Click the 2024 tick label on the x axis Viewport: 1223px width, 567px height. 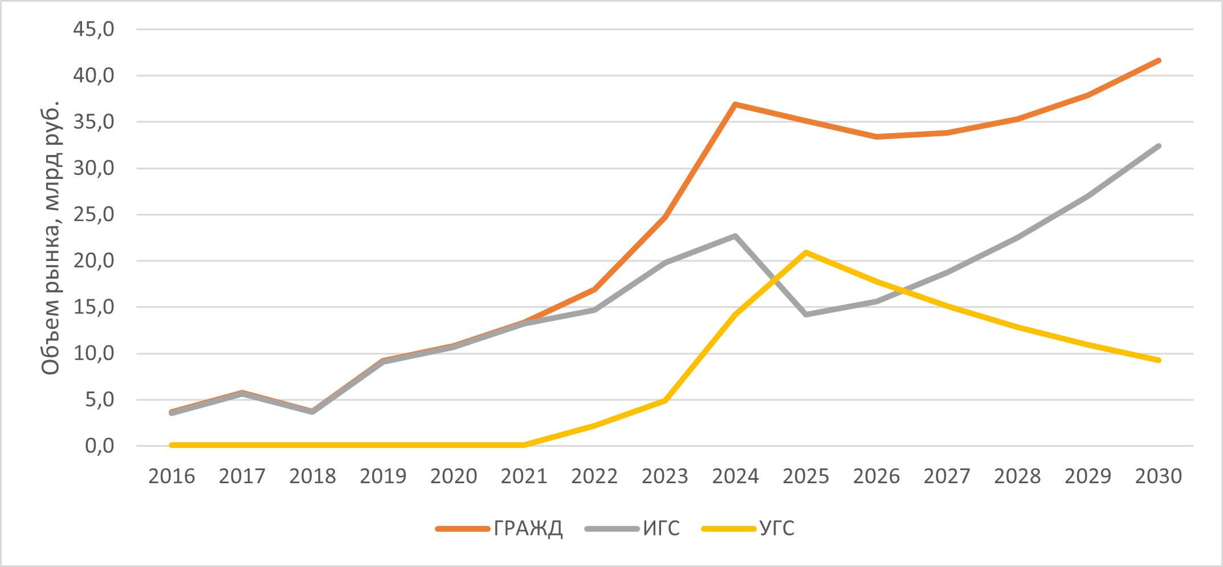tap(735, 476)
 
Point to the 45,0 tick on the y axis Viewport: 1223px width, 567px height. tap(93, 29)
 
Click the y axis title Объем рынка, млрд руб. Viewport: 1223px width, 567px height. tap(51, 238)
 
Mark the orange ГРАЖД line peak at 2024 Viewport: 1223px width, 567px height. tap(735, 104)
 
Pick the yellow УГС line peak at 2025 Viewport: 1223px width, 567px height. tap(806, 252)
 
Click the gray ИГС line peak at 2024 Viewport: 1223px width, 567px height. tap(735, 236)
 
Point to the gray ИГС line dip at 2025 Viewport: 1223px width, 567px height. tap(806, 315)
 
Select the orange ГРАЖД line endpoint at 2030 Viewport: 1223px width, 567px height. tap(1159, 60)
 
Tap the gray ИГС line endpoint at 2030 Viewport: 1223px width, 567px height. tap(1159, 146)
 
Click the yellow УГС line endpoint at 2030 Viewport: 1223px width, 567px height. tap(1159, 360)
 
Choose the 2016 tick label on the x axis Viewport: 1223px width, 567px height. tap(172, 476)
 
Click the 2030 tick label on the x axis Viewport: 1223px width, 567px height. tap(1159, 476)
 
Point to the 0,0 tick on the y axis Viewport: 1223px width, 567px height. tap(99, 446)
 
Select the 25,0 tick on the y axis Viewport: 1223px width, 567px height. tap(93, 215)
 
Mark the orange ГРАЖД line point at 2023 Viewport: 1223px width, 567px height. tap(665, 217)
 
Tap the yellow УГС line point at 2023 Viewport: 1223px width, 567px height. tap(665, 401)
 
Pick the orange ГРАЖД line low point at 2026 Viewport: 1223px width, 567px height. tap(877, 137)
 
